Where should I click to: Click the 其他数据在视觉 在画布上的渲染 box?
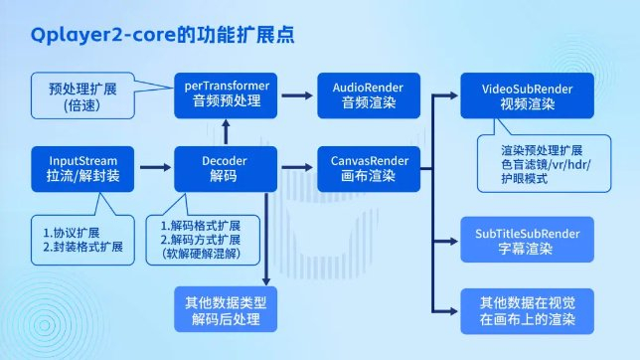tap(528, 311)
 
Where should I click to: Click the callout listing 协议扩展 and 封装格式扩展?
tap(79, 239)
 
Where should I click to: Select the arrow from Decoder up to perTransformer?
tap(227, 128)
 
